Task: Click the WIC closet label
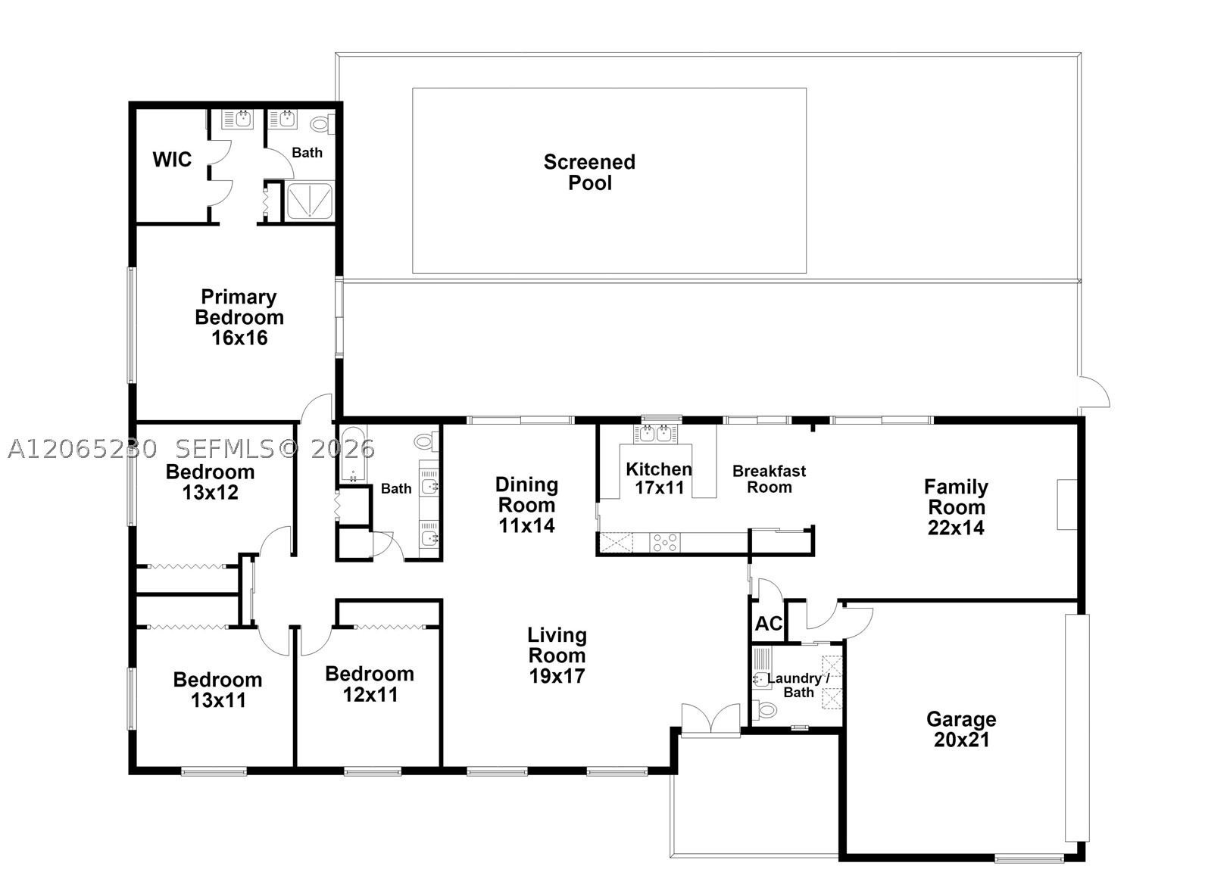(172, 160)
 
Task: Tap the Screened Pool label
(590, 173)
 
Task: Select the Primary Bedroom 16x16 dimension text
(239, 338)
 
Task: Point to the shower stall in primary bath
(310, 201)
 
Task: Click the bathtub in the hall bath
(352, 454)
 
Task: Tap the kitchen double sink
(656, 434)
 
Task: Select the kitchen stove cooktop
(664, 542)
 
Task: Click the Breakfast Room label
(770, 479)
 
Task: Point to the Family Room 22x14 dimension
(956, 528)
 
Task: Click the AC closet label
(768, 624)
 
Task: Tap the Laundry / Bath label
(798, 686)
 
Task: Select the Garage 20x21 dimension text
(961, 740)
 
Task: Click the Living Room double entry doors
(710, 718)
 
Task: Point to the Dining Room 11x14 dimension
(526, 526)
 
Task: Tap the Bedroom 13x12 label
(211, 482)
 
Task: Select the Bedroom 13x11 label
(218, 690)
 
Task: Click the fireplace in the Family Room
(1067, 504)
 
